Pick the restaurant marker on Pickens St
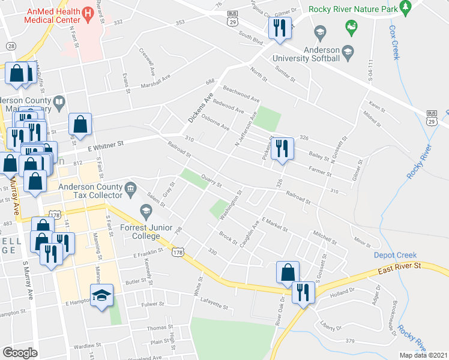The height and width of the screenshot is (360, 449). (282, 148)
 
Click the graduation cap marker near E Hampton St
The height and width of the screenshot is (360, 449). (101, 295)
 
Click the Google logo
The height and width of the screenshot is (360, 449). (20, 353)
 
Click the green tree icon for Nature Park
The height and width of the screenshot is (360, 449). (405, 6)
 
